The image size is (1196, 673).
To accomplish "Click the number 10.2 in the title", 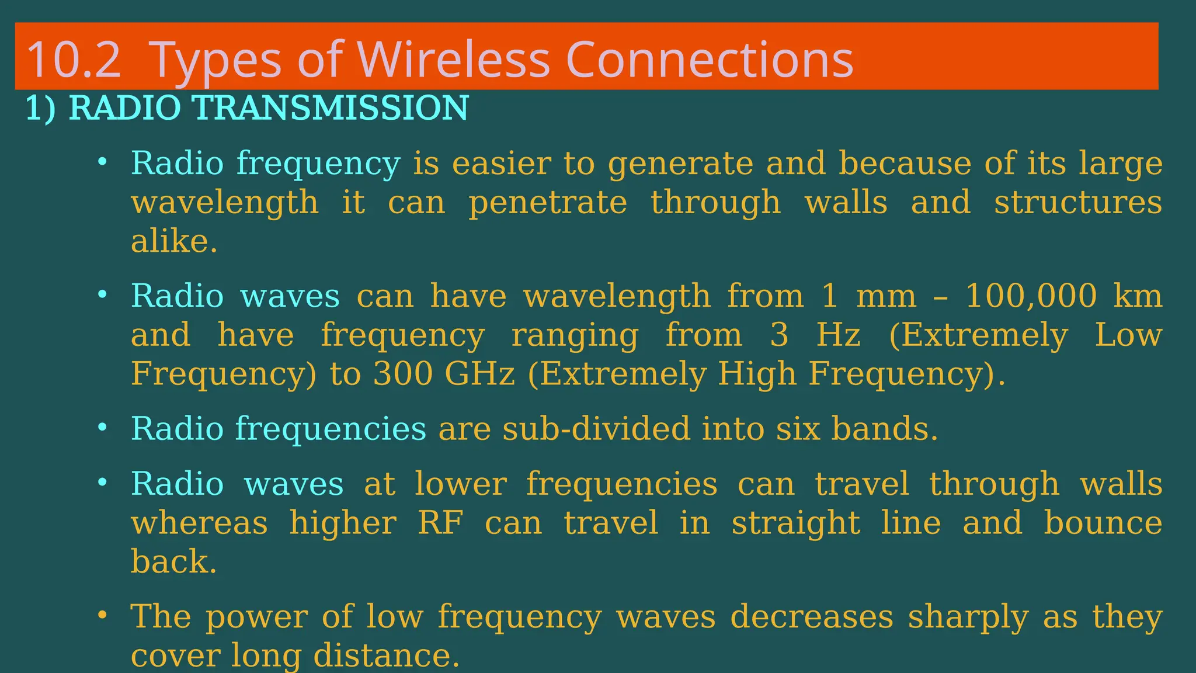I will point(74,60).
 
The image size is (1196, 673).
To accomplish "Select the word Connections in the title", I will point(710,60).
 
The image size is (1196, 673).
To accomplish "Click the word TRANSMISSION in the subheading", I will point(330,108).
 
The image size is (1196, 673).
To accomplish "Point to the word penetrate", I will point(548,203).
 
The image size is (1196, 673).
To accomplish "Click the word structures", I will point(1078,203).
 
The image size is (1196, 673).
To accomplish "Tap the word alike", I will point(173,241).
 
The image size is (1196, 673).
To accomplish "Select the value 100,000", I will point(1031,296).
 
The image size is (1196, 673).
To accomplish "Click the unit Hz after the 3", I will point(839,335).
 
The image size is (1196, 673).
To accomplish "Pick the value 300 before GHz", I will point(402,374).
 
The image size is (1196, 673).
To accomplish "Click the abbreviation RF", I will point(440,523).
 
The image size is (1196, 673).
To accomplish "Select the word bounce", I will point(1103,523).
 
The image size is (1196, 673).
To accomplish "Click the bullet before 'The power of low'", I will point(103,615).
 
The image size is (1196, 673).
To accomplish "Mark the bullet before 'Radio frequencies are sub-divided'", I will point(103,427).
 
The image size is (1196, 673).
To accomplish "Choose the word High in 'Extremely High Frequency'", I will point(757,374).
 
